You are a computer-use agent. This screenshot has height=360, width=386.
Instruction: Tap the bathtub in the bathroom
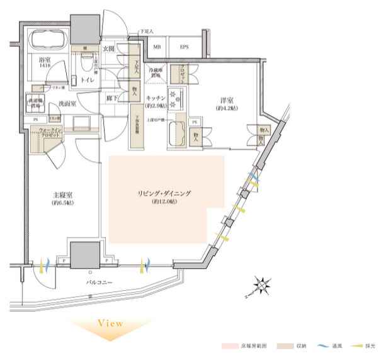pyautogui.click(x=47, y=42)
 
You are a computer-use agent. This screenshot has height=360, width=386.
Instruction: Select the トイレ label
pyautogui.click(x=86, y=81)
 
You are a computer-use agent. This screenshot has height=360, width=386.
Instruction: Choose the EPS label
pyautogui.click(x=184, y=47)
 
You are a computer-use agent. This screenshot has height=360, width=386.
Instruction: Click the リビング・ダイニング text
pyautogui.click(x=165, y=194)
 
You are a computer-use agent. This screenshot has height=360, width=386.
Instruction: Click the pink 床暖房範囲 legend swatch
pyautogui.click(x=230, y=347)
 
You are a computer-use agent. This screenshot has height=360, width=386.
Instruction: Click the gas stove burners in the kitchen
pyautogui.click(x=175, y=98)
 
